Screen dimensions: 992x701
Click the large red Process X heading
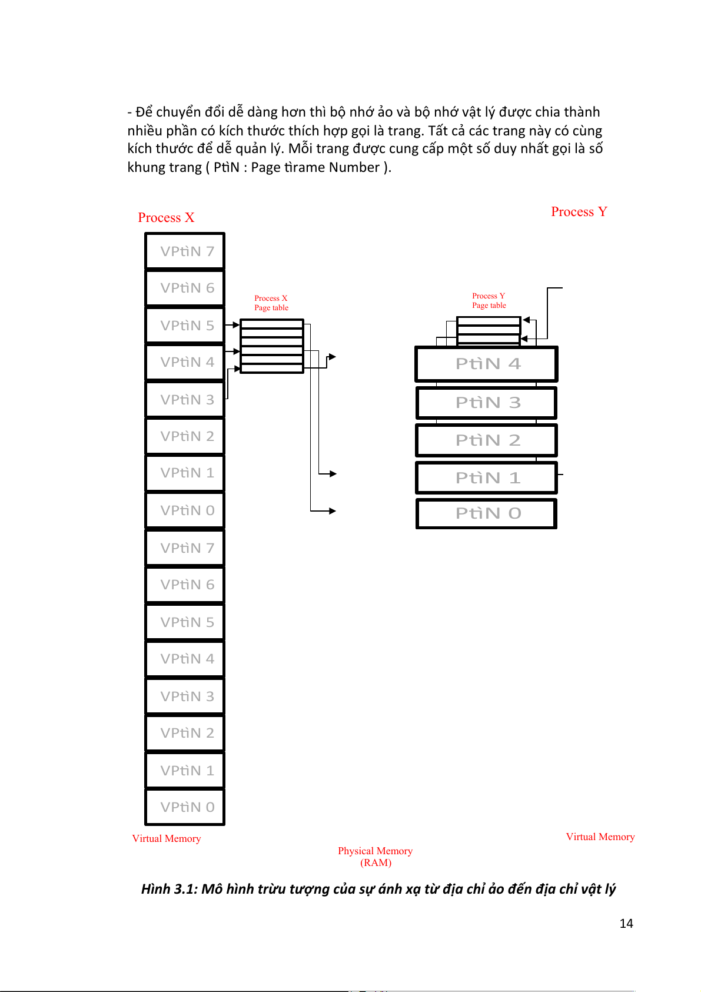[166, 217]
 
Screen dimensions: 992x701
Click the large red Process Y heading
[579, 211]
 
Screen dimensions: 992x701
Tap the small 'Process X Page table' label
[271, 303]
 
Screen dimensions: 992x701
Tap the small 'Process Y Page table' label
[489, 300]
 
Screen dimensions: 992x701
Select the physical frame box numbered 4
[486, 364]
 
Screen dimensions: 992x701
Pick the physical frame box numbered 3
[486, 403]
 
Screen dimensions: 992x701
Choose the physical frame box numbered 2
[486, 440]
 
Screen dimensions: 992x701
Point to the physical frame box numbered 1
[486, 477]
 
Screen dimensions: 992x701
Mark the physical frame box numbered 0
[486, 513]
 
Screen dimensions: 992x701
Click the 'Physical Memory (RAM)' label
[375, 857]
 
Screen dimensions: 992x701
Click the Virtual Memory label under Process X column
[167, 838]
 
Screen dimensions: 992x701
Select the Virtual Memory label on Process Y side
[600, 837]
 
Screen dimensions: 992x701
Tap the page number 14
[626, 924]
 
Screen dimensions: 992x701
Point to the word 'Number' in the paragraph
[354, 167]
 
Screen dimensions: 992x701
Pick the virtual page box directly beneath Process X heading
[185, 251]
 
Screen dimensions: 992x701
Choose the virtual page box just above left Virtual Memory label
[185, 807]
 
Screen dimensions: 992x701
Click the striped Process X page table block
[272, 346]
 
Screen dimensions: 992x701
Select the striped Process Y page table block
[489, 330]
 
